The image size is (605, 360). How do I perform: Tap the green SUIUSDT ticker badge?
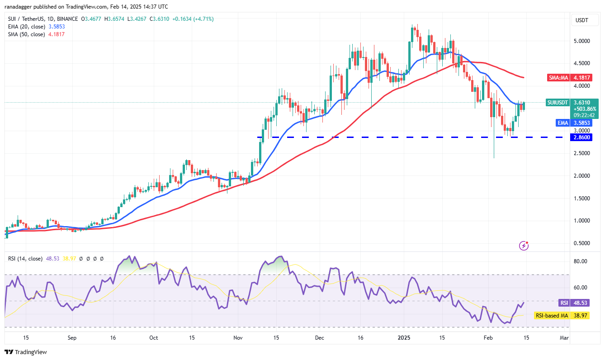pos(557,103)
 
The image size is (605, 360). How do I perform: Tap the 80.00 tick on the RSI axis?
pos(581,261)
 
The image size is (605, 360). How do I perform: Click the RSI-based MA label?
pos(551,315)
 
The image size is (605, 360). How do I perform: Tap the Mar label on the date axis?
pos(563,337)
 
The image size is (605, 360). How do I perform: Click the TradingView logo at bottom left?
pos(26,352)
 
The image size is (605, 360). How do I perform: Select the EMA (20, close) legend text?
pos(26,27)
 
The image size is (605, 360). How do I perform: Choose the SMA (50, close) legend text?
pos(26,34)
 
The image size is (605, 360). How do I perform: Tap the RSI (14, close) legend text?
pos(25,259)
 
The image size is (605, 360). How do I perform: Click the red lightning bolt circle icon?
pos(525,246)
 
